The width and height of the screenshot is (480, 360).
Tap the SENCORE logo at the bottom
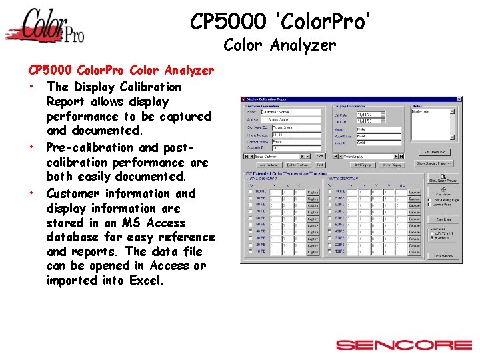(x=403, y=345)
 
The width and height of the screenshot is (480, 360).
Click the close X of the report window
(x=458, y=99)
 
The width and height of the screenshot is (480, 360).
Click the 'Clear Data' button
(x=443, y=219)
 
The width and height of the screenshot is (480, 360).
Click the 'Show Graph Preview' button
(x=443, y=179)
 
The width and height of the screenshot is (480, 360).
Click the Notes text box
(x=432, y=123)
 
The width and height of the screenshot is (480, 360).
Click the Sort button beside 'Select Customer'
(x=320, y=157)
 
